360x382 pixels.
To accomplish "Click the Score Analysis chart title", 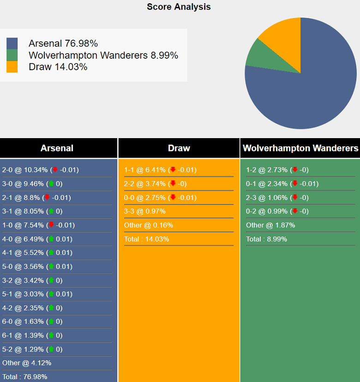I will (x=179, y=7).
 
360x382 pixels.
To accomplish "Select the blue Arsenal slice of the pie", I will (x=309, y=92).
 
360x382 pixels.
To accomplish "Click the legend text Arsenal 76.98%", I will (x=63, y=43).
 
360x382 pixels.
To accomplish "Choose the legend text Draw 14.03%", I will (x=58, y=67).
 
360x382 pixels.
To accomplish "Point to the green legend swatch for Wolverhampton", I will (x=12, y=55).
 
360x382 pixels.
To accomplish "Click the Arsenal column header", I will (x=57, y=148).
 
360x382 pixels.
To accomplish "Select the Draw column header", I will (x=179, y=148).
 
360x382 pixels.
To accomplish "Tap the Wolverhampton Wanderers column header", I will (x=300, y=148).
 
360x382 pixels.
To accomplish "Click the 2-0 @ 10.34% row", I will (x=40, y=170).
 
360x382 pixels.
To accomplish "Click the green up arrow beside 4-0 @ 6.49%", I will (x=51, y=239).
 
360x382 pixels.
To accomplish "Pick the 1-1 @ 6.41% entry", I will (x=160, y=170).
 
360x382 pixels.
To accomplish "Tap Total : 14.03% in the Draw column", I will (x=146, y=239).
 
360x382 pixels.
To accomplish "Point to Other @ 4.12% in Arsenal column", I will (x=27, y=363).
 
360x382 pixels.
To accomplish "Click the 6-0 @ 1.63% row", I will (x=32, y=321).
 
